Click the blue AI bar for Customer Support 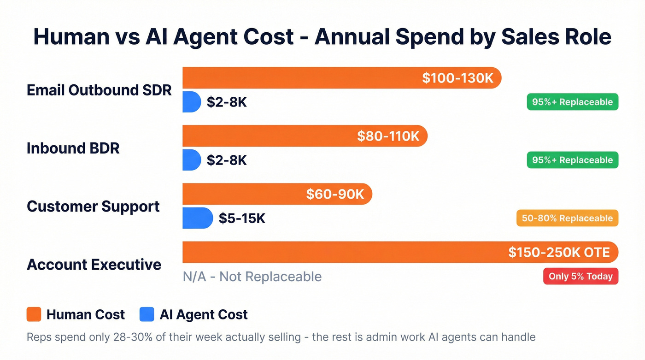click(x=197, y=218)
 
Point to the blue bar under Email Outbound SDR click(x=192, y=102)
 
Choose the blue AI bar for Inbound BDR click(x=192, y=160)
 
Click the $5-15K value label click(x=242, y=218)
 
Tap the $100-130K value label click(x=457, y=78)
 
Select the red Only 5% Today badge click(x=580, y=277)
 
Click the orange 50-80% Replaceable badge click(x=567, y=218)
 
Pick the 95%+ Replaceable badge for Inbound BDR click(x=572, y=160)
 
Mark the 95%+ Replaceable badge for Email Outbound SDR click(x=572, y=102)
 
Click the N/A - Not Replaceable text click(x=252, y=277)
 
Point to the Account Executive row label click(x=94, y=265)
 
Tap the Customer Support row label click(x=93, y=206)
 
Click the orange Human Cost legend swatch click(x=34, y=314)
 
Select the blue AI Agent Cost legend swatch click(x=147, y=314)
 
